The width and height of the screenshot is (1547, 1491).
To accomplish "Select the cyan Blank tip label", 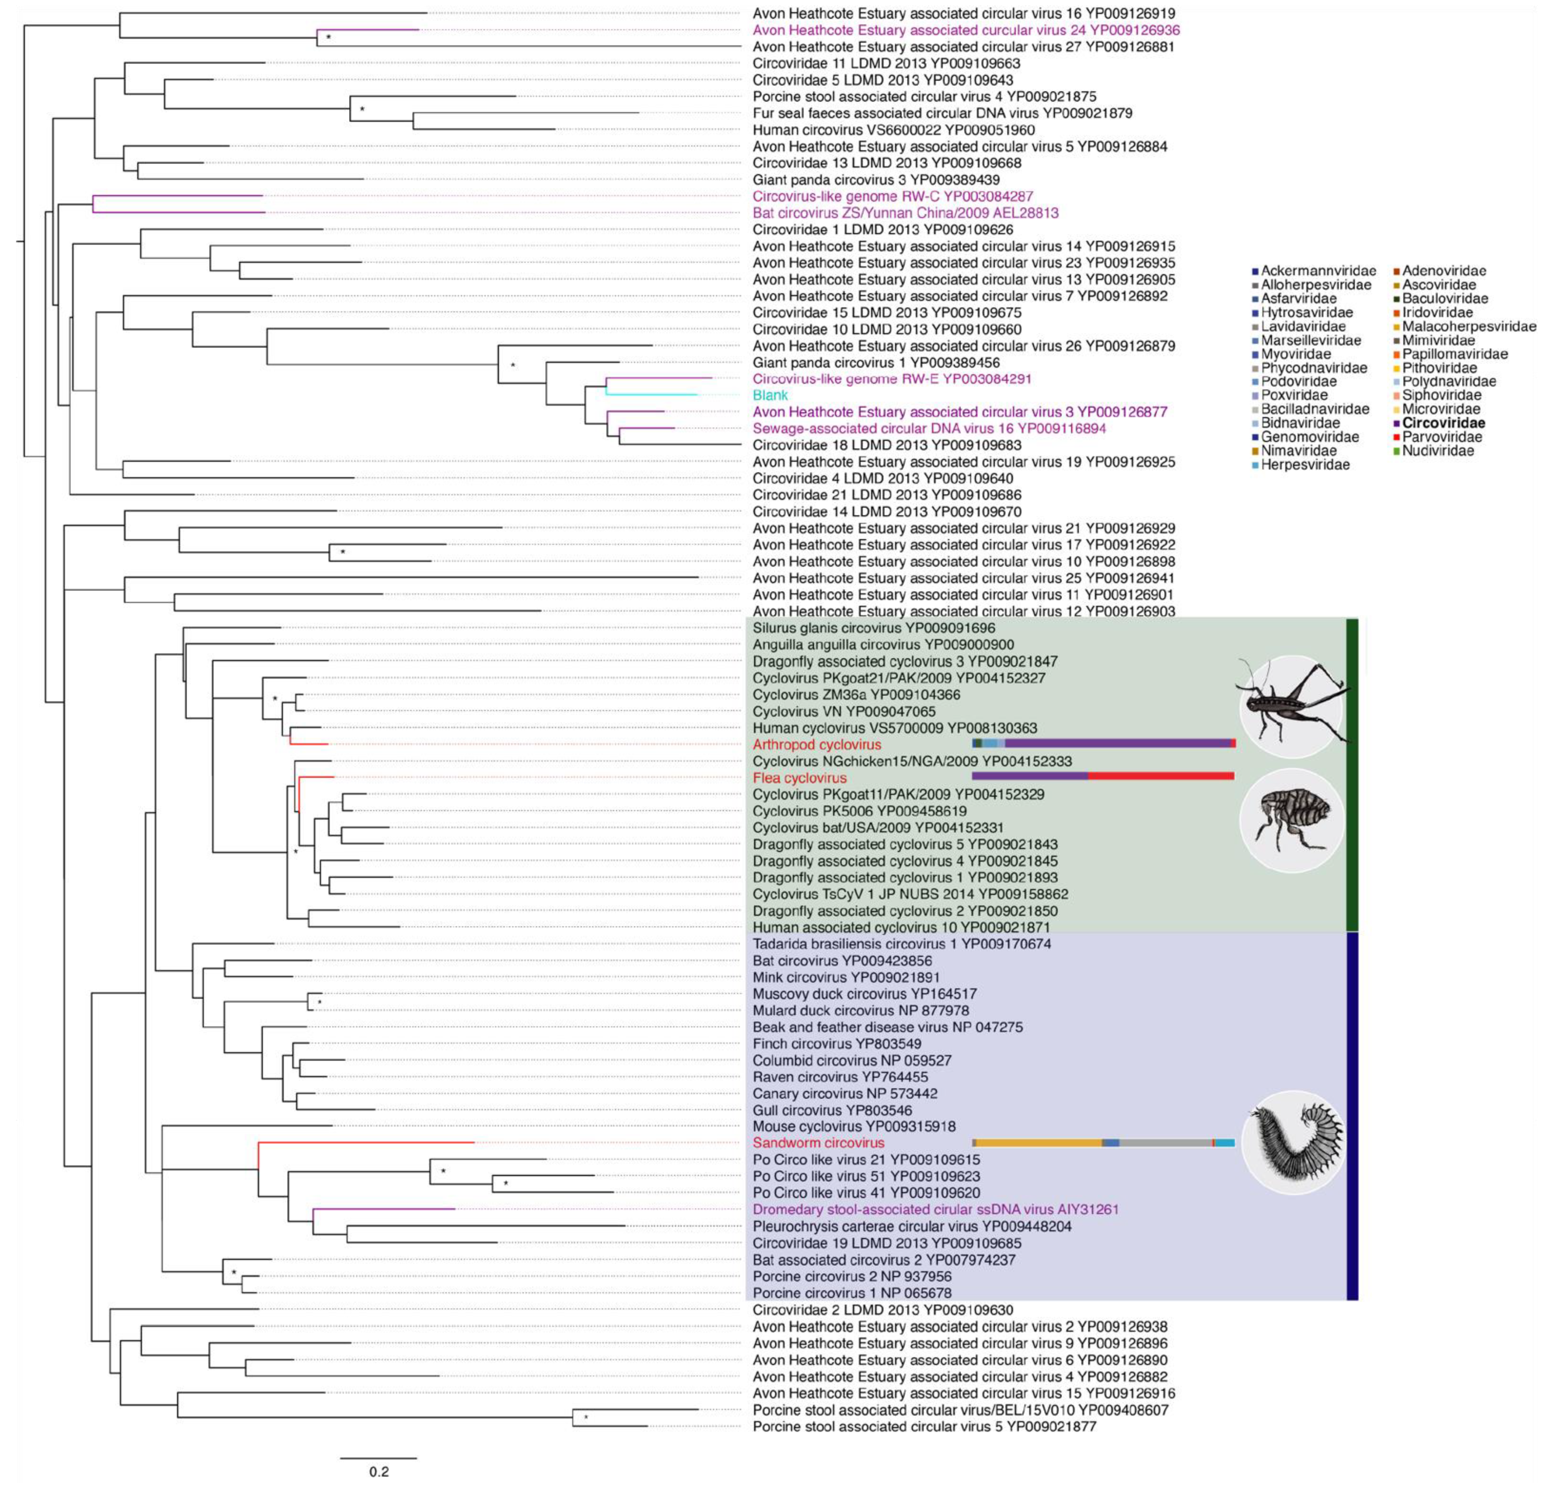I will [770, 395].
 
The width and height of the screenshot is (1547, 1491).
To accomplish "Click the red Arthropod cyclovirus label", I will [816, 744].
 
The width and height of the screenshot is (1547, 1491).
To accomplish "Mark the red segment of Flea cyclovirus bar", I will [1160, 777].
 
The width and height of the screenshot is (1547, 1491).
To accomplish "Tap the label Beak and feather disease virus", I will [887, 1027].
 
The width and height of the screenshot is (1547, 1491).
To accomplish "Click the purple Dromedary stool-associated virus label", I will [935, 1209].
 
